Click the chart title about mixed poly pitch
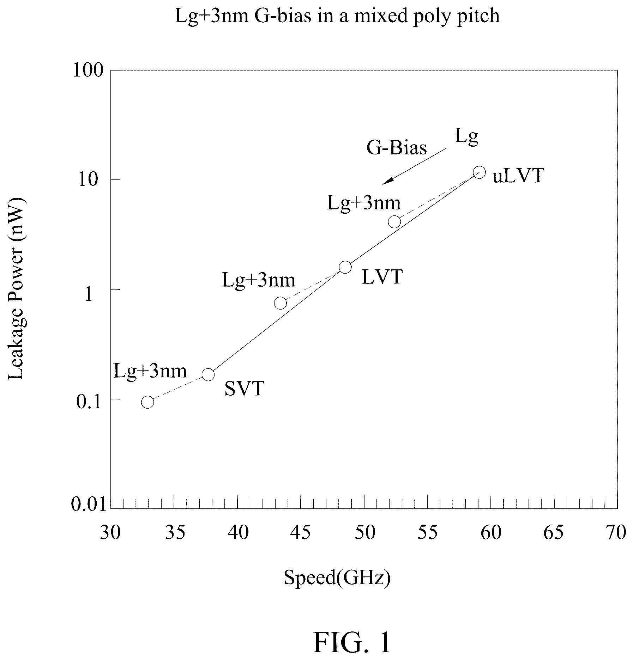tap(337, 17)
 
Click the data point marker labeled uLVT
tap(479, 172)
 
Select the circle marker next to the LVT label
tap(345, 267)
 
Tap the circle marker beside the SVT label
tap(208, 374)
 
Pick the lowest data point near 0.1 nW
tap(147, 402)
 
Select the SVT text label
tap(245, 389)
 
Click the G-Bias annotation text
tap(397, 148)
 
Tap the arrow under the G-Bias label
tap(415, 166)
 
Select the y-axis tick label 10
tap(94, 180)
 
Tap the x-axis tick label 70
tap(616, 532)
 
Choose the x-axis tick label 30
tap(110, 532)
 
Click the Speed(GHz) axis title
tap(337, 578)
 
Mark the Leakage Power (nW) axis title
tap(16, 289)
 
